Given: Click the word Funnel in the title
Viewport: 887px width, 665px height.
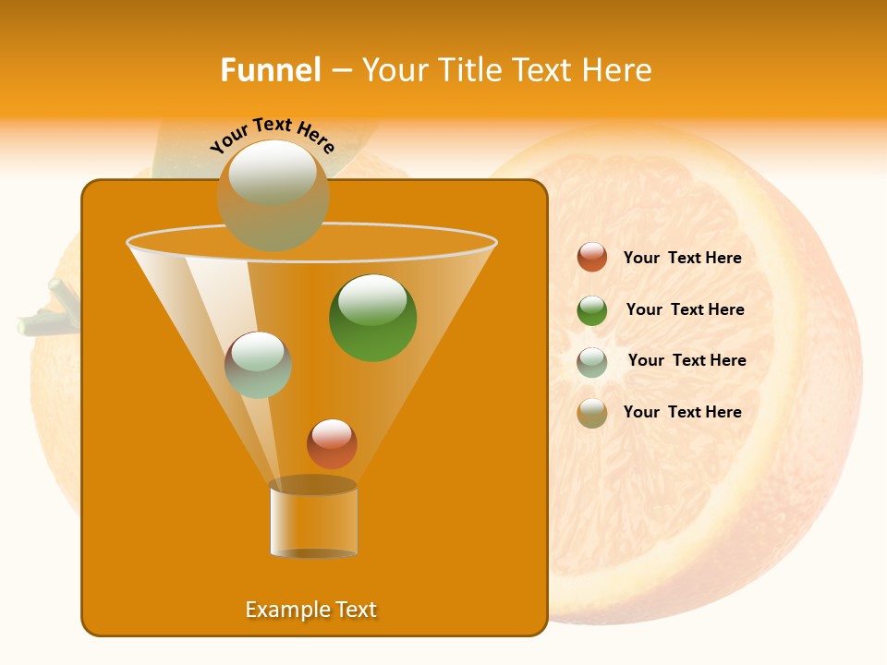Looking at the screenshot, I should pos(270,70).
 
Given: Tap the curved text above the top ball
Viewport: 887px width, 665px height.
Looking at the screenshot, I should pos(273,135).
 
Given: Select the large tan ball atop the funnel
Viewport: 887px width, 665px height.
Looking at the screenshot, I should pos(273,195).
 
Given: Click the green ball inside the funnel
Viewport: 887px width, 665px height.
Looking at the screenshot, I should pos(373,318).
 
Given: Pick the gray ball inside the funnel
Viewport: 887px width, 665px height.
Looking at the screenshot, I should pos(259,365).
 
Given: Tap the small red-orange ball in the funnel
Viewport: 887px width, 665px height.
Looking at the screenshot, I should pos(332,443).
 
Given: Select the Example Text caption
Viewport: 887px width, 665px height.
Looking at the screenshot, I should pos(311,610).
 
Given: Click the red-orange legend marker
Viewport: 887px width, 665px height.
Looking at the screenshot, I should pos(592,258).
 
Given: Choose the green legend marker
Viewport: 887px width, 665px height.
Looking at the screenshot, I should pos(592,310).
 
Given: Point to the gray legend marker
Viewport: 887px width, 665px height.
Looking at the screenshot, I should pos(592,362).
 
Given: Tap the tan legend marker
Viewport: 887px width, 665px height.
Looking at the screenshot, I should pos(592,413).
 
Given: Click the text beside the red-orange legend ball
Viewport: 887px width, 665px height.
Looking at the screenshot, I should pos(682,259).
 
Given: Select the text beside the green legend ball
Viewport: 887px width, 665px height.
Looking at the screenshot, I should pos(685,310).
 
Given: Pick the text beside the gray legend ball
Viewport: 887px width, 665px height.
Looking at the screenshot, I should pos(687,361).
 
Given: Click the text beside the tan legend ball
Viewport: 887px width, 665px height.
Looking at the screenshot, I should pos(682,413).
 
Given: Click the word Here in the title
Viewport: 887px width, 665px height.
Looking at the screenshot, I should pos(618,70).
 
